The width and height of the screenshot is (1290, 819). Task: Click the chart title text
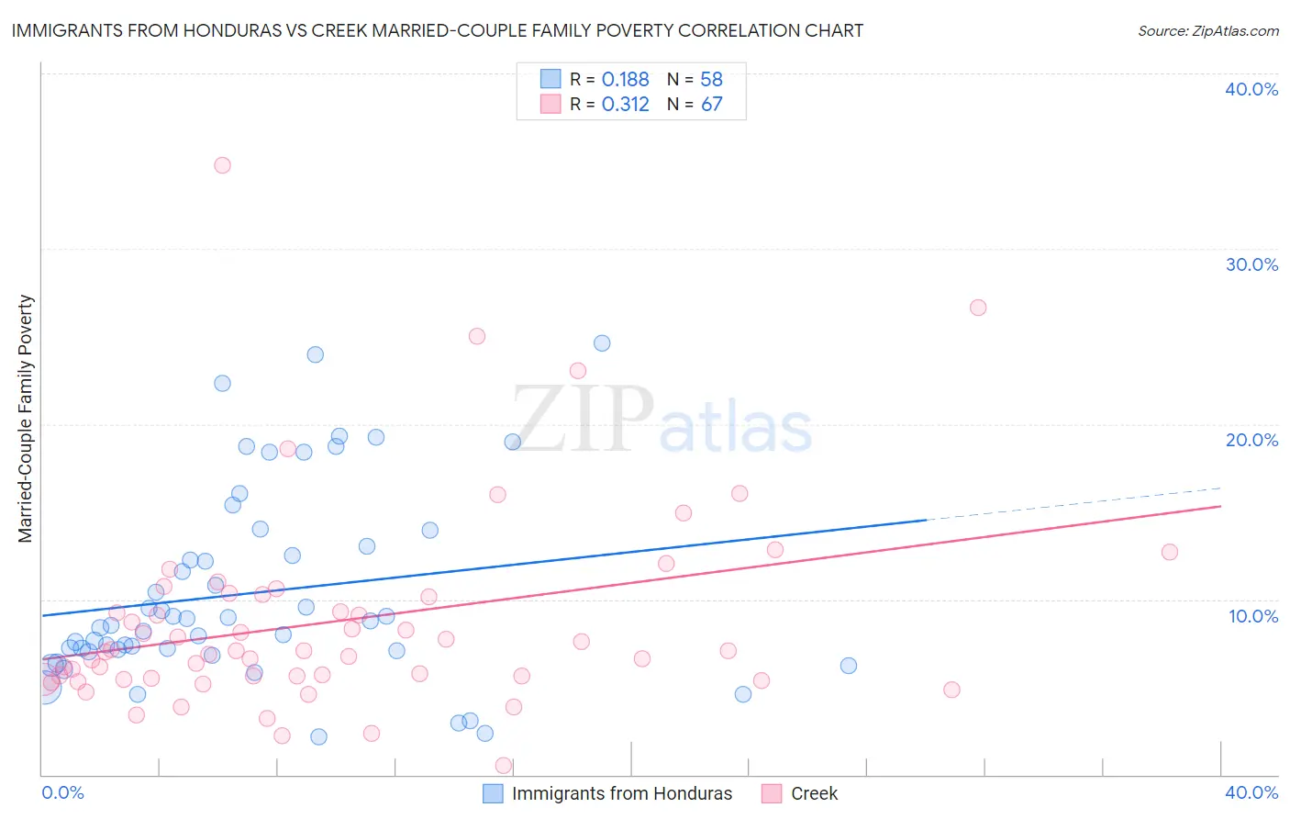pyautogui.click(x=437, y=30)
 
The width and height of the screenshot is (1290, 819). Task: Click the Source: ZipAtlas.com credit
pyautogui.click(x=1207, y=31)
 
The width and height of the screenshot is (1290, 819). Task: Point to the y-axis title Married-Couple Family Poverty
pyautogui.click(x=26, y=419)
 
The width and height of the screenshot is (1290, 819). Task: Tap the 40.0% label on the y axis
pyautogui.click(x=1251, y=89)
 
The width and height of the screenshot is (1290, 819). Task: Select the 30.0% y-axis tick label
pyautogui.click(x=1251, y=264)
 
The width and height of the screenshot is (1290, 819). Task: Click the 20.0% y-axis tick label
pyautogui.click(x=1251, y=440)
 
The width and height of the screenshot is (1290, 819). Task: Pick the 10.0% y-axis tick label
pyautogui.click(x=1253, y=616)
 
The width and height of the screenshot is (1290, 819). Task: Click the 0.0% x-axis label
pyautogui.click(x=63, y=792)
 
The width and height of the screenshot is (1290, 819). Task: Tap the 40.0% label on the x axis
pyautogui.click(x=1251, y=792)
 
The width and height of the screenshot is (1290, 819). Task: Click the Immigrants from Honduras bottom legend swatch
pyautogui.click(x=493, y=793)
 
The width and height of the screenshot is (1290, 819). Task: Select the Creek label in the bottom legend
pyautogui.click(x=814, y=793)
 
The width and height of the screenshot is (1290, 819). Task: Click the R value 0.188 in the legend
pyautogui.click(x=626, y=80)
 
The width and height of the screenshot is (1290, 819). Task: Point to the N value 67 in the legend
pyautogui.click(x=712, y=105)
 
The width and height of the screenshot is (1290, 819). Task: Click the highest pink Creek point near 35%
pyautogui.click(x=222, y=165)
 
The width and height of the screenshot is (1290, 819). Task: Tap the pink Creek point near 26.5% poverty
pyautogui.click(x=978, y=308)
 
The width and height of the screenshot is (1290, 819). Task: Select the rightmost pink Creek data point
pyautogui.click(x=1170, y=552)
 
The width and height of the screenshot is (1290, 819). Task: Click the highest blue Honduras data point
pyautogui.click(x=602, y=343)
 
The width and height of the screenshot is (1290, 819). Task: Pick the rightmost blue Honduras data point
pyautogui.click(x=849, y=666)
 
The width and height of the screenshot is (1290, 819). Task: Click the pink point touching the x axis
pyautogui.click(x=504, y=766)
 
